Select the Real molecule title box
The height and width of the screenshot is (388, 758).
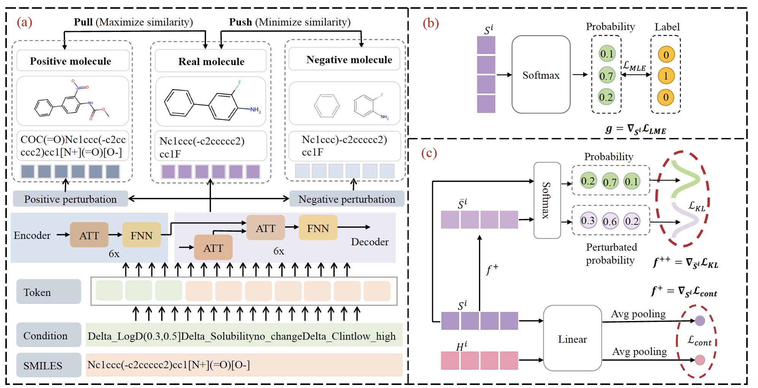211,61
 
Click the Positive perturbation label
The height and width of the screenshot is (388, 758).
70,199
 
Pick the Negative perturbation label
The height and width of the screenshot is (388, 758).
346,199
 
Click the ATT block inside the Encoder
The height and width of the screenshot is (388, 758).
89,235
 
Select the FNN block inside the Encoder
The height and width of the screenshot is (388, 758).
141,235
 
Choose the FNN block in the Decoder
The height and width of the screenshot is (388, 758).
318,228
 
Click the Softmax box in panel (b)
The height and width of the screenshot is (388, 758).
541,75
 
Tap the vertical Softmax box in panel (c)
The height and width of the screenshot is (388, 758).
547,200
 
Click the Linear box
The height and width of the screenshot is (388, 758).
572,339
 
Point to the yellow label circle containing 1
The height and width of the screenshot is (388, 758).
666,76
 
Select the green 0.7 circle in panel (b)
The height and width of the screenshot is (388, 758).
606,76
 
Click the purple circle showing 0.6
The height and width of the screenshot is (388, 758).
610,221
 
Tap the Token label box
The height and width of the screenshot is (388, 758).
48,292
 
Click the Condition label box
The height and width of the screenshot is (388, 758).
48,335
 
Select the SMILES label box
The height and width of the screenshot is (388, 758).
48,365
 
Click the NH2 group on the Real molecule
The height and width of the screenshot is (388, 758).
255,110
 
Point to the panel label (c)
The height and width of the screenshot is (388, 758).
429,153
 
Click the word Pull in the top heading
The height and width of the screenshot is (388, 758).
83,22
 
